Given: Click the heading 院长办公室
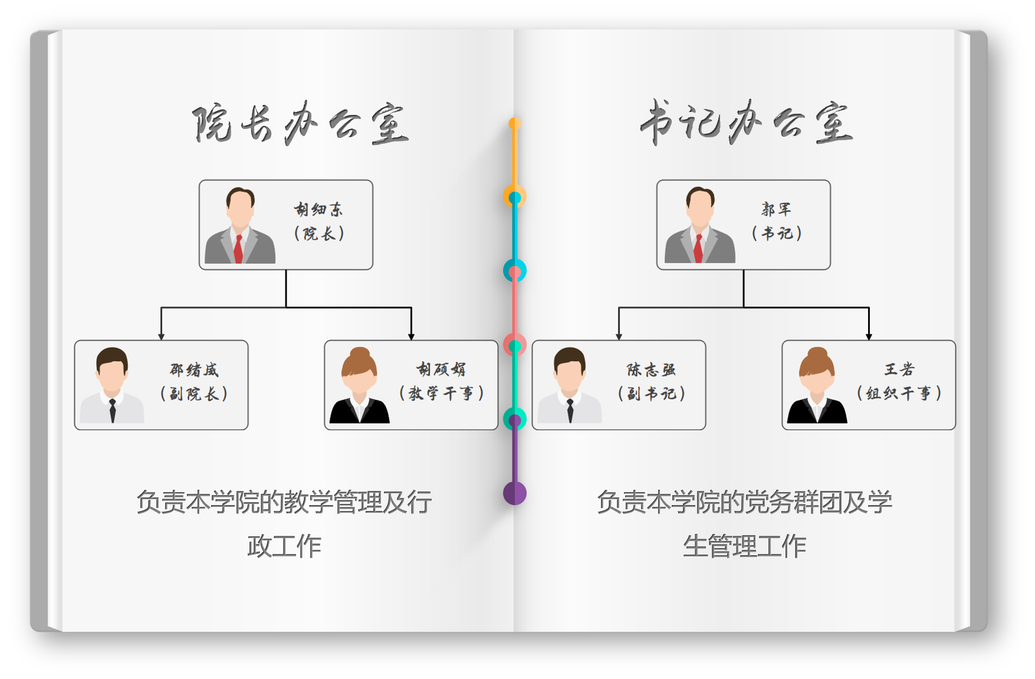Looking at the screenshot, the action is (300, 124).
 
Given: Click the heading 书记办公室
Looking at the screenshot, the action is (747, 123).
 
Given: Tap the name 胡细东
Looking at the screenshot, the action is (318, 209).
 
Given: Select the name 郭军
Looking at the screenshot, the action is (776, 209).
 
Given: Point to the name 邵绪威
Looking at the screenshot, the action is (194, 370).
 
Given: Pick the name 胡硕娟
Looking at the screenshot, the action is (441, 370).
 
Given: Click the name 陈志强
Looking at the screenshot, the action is (651, 370).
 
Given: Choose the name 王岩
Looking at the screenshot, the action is (899, 370).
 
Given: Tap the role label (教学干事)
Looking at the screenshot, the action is (442, 393).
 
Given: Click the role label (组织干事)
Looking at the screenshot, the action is (899, 393).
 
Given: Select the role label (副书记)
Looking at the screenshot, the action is (652, 393).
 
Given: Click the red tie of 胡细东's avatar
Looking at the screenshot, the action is (238, 249).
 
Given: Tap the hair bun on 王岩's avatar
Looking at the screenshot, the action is (817, 354).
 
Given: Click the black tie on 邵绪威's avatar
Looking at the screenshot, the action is (112, 410).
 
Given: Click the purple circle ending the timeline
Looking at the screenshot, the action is (515, 493).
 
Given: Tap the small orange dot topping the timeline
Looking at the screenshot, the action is (515, 124).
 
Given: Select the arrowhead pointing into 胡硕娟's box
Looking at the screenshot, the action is (411, 337).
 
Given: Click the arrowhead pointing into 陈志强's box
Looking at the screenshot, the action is (619, 337).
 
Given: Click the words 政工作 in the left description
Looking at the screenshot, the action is (284, 546).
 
